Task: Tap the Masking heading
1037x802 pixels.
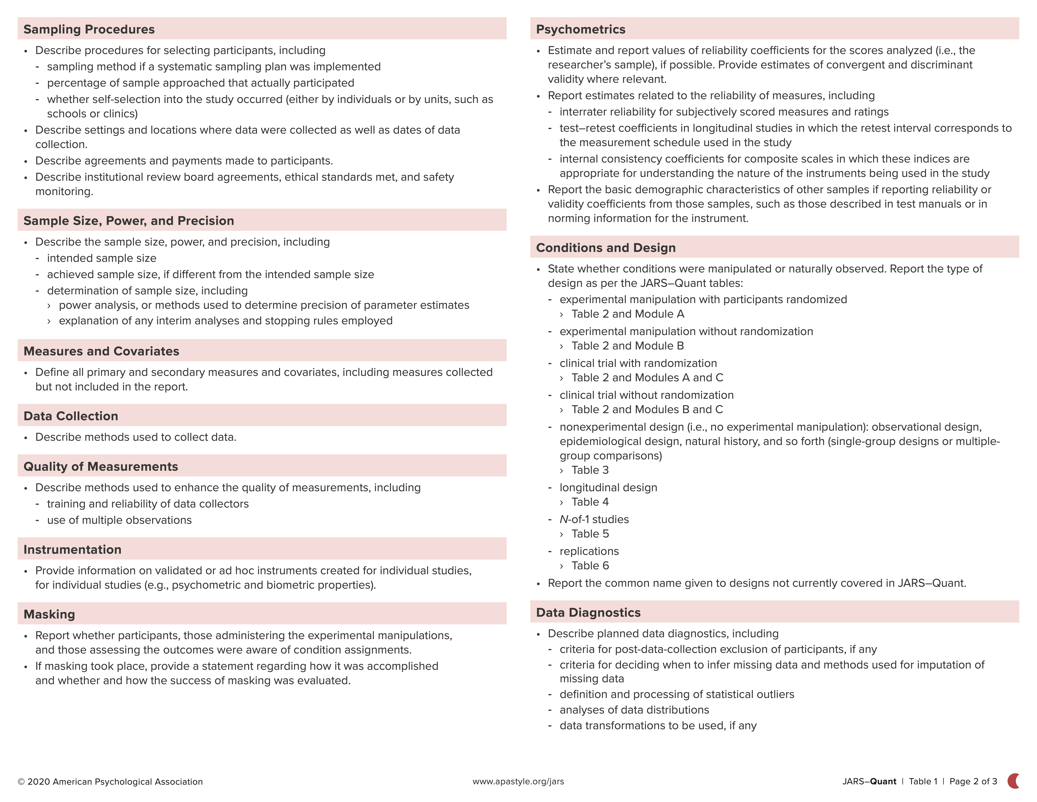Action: pyautogui.click(x=49, y=614)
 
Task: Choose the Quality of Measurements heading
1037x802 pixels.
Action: pyautogui.click(x=101, y=467)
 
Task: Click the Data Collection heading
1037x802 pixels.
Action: pyautogui.click(x=71, y=416)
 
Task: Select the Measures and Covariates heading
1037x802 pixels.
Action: pyautogui.click(x=101, y=351)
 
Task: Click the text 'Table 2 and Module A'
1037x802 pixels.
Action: pyautogui.click(x=628, y=314)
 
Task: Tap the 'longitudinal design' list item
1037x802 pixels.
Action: pyautogui.click(x=608, y=487)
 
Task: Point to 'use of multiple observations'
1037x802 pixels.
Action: pyautogui.click(x=119, y=520)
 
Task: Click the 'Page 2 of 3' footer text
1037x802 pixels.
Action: pyautogui.click(x=973, y=782)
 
